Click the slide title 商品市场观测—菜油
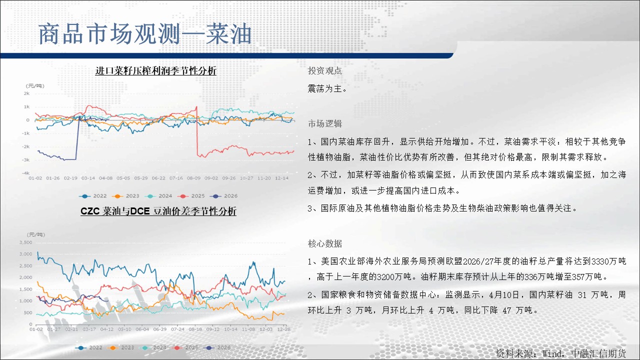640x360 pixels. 145,34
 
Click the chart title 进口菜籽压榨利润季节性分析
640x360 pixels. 155,70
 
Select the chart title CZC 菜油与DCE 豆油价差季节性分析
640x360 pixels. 158,211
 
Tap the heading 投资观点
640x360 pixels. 324,70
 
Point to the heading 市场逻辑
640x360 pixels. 325,123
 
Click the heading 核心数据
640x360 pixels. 325,243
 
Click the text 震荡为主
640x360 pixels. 327,88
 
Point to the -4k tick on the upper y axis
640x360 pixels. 25,173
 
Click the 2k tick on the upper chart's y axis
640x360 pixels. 26,93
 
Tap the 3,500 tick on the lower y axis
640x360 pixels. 25,242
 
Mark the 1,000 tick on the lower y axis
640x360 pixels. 25,300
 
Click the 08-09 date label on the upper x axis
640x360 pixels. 193,178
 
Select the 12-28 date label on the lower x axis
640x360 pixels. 283,329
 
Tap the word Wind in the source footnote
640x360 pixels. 551,353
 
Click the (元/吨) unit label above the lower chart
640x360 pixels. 35,234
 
